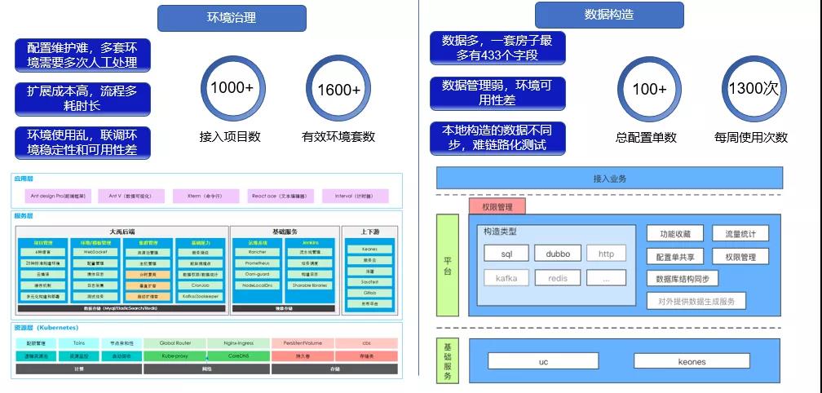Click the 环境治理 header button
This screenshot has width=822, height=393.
click(x=232, y=18)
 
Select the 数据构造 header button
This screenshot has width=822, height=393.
click(x=609, y=15)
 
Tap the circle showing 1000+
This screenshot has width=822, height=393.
click(x=232, y=88)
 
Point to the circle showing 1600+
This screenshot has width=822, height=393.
click(x=338, y=89)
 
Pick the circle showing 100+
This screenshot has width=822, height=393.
click(x=649, y=89)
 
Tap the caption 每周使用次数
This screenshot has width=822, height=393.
click(x=751, y=137)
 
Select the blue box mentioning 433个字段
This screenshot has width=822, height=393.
click(x=497, y=47)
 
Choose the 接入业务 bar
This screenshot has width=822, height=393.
click(x=609, y=178)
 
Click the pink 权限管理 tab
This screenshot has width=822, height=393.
click(x=497, y=207)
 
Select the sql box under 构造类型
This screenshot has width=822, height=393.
click(x=507, y=254)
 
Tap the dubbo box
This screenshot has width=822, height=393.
click(x=558, y=254)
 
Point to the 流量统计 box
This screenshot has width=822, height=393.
click(x=740, y=234)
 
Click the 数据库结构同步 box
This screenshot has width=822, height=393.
click(x=682, y=279)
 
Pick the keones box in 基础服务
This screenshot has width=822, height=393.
click(x=691, y=361)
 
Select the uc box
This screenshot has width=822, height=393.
click(x=544, y=361)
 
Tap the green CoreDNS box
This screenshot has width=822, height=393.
click(x=237, y=355)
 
